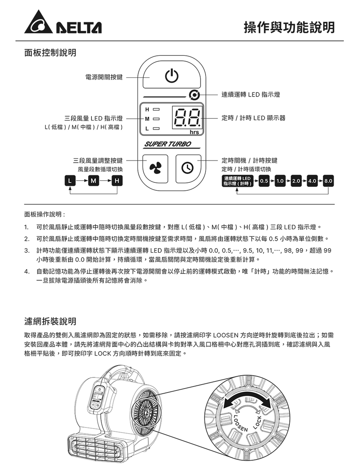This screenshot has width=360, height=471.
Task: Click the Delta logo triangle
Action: coord(37,23)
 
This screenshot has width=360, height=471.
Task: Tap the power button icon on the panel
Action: coord(171,76)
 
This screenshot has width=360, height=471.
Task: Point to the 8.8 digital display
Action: coord(187,117)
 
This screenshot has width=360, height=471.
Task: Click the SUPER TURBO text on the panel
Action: coord(168,144)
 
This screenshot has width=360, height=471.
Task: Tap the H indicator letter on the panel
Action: coord(147,109)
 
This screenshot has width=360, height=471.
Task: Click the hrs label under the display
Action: coord(194,132)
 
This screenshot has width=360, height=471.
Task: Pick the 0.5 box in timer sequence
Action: coord(264,181)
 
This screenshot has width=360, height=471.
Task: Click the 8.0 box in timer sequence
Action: coord(328,181)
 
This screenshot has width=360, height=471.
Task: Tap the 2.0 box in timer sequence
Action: coord(296,181)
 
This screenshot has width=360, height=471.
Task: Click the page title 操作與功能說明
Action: coord(289,27)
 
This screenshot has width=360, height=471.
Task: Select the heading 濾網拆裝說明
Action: coord(50,321)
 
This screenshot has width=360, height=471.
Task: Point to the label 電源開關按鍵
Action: coord(104,77)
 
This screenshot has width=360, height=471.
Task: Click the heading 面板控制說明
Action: coord(50,53)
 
